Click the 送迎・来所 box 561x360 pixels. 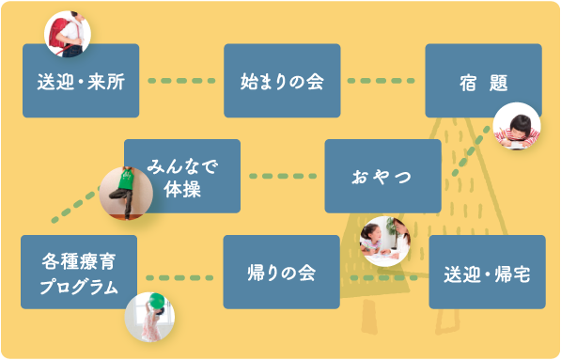tap(81, 81)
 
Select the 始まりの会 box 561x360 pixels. tap(282, 81)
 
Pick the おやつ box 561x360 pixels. tap(382, 177)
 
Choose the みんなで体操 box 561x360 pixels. tap(182, 177)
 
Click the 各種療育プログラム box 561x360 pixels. tap(81, 273)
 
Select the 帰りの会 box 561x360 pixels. tap(281, 273)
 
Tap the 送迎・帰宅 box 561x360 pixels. tap(487, 273)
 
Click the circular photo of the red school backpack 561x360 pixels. tap(69, 33)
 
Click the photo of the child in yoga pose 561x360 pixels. tap(126, 193)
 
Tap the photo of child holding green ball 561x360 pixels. tap(150, 315)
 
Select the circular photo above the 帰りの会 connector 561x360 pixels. tap(384, 242)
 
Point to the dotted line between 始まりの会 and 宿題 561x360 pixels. tap(382, 81)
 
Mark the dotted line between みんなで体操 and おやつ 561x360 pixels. tap(282, 177)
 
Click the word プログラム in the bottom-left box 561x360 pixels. tap(81, 286)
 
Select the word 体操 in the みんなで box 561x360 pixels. tap(182, 188)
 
